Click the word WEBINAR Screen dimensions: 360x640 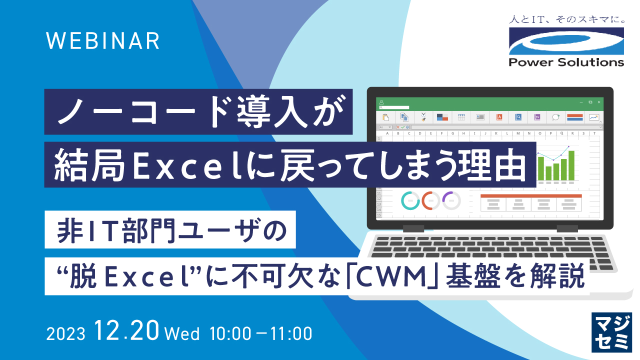click(103, 40)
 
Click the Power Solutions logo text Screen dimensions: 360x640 click(566, 62)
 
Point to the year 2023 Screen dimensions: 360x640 click(66, 333)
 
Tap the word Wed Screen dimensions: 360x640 click(181, 333)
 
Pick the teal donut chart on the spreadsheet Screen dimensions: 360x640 click(410, 200)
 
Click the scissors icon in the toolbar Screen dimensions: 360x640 click(423, 116)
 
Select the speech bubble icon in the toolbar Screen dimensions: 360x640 click(555, 117)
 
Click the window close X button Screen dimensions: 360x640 click(599, 101)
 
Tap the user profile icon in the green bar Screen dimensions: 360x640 click(381, 101)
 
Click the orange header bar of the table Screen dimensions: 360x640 click(531, 195)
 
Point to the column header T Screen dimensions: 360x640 click(594, 133)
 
